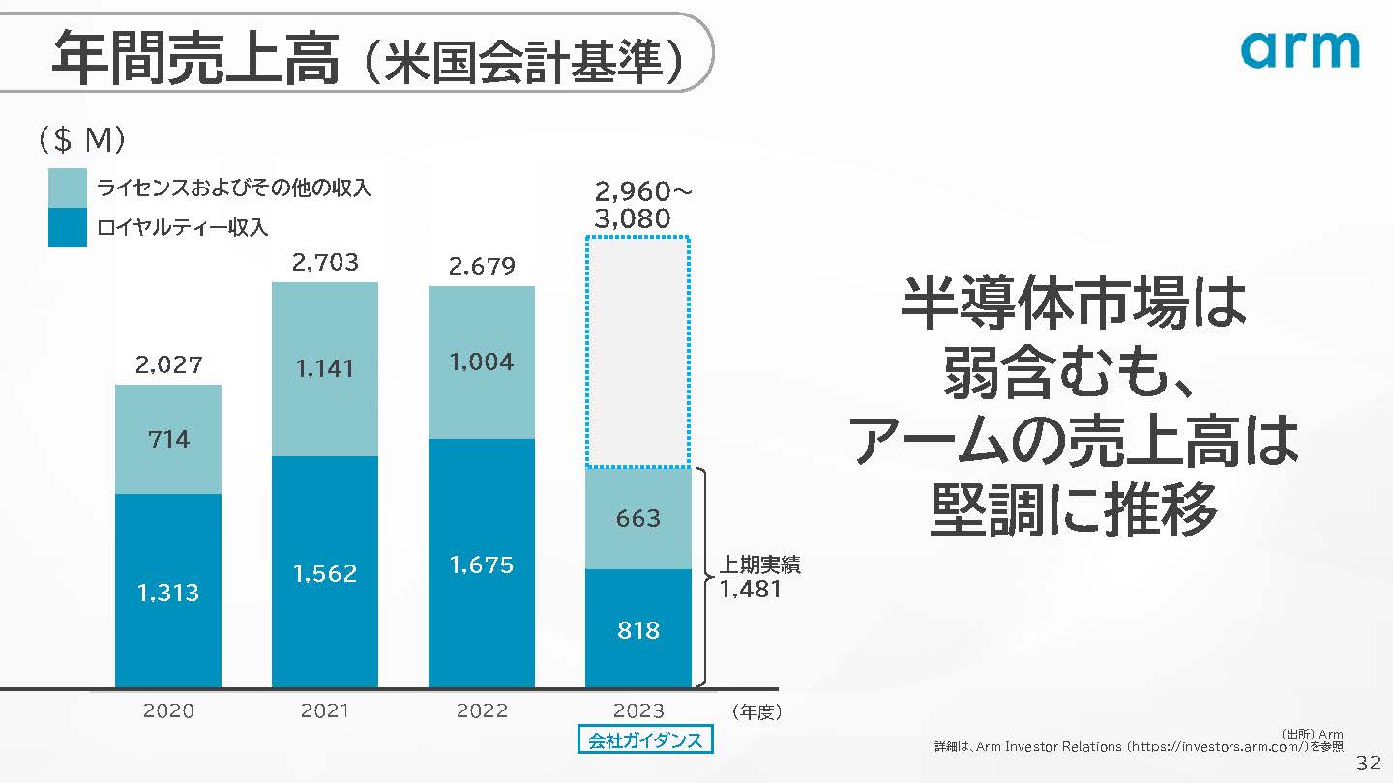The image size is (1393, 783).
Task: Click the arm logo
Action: pyautogui.click(x=1300, y=49)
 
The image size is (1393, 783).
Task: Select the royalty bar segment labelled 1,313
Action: pyautogui.click(x=168, y=592)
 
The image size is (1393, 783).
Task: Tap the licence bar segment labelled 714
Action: pyautogui.click(x=168, y=440)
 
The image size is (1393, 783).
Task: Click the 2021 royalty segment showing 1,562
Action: pyautogui.click(x=325, y=572)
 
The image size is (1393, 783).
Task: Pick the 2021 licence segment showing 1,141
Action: pyautogui.click(x=325, y=368)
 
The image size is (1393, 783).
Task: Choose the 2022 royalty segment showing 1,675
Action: pyautogui.click(x=482, y=564)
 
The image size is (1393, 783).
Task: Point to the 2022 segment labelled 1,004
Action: pyautogui.click(x=482, y=362)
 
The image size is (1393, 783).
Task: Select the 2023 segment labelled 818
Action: pyautogui.click(x=638, y=629)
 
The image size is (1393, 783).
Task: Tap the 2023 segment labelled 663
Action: pyautogui.click(x=638, y=518)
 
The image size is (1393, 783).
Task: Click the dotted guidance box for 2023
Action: pyautogui.click(x=638, y=352)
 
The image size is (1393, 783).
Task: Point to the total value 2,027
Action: pyautogui.click(x=168, y=364)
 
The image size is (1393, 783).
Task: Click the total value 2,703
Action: pyautogui.click(x=325, y=262)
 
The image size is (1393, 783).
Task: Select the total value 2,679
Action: pyautogui.click(x=482, y=265)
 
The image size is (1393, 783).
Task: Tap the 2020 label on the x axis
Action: pyautogui.click(x=168, y=711)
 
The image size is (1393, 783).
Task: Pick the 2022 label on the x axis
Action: pyautogui.click(x=482, y=711)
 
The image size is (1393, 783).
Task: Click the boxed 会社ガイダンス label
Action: pyautogui.click(x=645, y=740)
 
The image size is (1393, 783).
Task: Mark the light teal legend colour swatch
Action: pyautogui.click(x=68, y=187)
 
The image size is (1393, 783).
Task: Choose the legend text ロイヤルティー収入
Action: pyautogui.click(x=182, y=228)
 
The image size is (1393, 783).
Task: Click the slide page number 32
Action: pyautogui.click(x=1368, y=763)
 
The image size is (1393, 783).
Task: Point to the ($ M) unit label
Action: pyautogui.click(x=81, y=141)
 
